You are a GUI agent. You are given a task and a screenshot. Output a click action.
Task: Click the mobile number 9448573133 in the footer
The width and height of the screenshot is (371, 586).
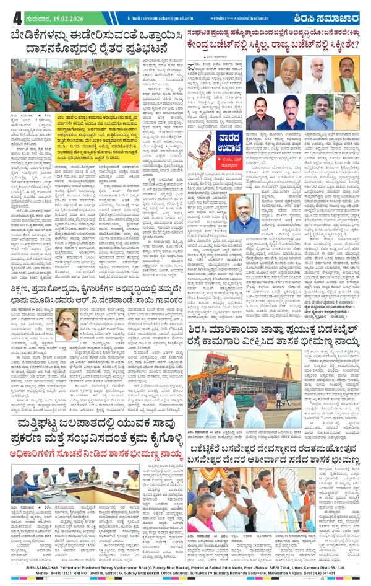click(47, 577)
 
